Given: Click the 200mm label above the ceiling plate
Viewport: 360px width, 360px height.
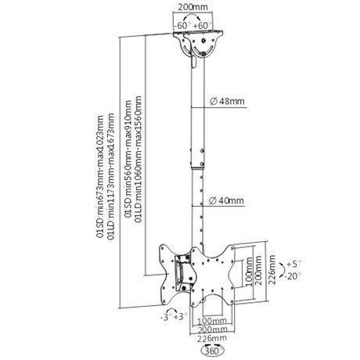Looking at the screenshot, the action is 193,7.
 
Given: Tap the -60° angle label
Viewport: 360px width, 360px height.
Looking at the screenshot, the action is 182,26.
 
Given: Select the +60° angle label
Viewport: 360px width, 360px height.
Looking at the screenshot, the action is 203,26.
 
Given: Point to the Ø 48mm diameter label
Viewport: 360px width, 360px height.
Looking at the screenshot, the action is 228,101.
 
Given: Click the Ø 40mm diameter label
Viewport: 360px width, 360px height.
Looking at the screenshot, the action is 227,200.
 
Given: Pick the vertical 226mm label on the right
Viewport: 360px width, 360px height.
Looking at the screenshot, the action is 272,269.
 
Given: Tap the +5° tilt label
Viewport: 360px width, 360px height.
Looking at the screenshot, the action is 293,264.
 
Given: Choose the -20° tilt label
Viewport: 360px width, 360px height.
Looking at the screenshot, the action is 293,275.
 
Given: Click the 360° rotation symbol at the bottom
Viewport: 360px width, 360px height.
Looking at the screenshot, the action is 213,351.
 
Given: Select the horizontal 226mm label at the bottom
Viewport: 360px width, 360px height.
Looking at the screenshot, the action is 212,339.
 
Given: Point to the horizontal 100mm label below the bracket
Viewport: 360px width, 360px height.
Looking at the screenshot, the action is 212,320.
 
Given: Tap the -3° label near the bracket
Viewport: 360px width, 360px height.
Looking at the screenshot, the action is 167,318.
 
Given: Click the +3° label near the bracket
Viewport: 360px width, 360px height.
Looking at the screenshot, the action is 181,317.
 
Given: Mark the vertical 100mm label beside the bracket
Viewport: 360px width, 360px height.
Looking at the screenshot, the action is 249,272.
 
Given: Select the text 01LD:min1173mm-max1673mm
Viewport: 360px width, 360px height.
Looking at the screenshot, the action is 111,176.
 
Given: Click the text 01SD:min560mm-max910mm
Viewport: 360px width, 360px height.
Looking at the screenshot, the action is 128,159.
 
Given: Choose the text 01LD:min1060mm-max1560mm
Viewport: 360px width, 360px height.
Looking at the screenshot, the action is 139,160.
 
